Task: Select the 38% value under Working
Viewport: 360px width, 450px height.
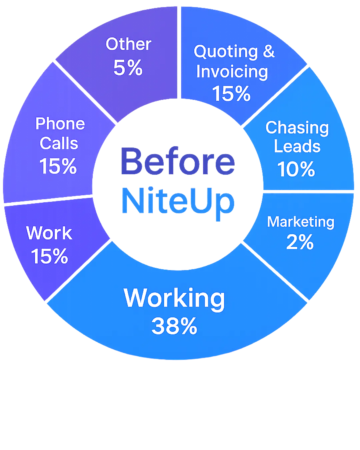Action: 174,326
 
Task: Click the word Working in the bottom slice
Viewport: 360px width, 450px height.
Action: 174,298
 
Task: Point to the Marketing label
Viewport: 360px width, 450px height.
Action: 300,222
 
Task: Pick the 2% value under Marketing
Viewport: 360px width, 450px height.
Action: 300,242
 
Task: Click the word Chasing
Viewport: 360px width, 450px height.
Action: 297,128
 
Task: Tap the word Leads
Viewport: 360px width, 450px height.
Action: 297,147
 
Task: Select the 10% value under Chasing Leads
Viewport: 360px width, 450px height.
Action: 296,169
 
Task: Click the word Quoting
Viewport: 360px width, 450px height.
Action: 226,52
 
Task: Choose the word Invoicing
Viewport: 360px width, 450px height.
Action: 232,72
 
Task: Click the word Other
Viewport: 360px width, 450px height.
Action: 129,44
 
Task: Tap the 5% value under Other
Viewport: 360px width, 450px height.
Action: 128,67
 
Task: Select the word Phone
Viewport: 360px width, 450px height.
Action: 60,124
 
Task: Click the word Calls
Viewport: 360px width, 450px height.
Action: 59,143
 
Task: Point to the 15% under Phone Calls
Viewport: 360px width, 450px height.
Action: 58,166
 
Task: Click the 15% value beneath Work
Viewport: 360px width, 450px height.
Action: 49,256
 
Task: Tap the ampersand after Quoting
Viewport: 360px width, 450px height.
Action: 268,52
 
